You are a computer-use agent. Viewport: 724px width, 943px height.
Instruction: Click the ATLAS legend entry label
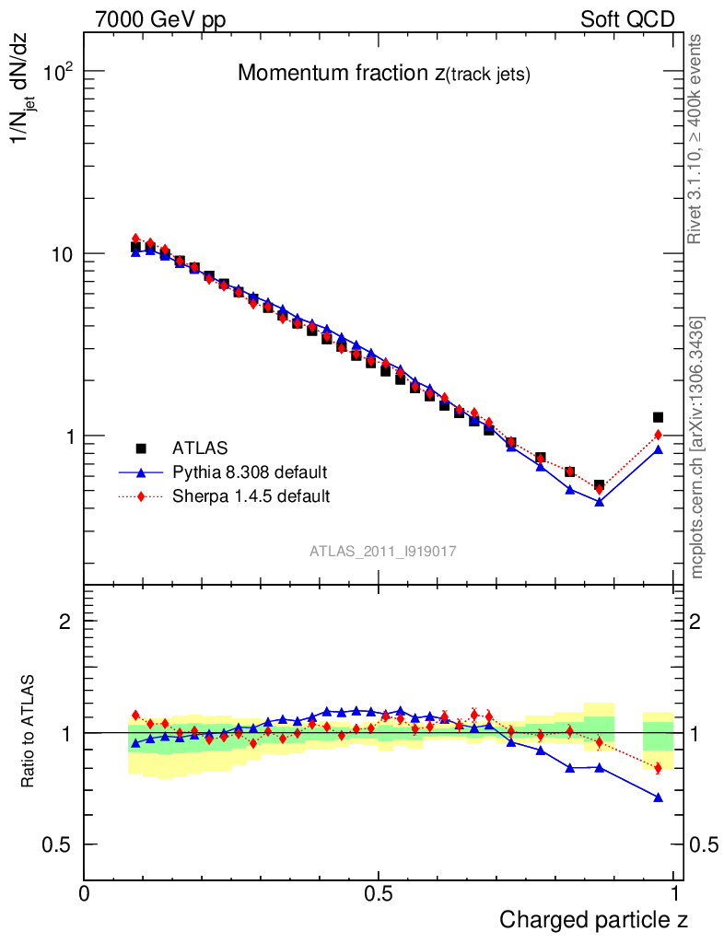(200, 448)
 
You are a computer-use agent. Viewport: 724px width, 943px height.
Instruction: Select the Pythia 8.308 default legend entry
(250, 472)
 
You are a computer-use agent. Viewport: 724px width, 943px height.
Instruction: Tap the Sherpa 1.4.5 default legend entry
(251, 496)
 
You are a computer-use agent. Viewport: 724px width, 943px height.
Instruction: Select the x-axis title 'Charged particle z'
(593, 919)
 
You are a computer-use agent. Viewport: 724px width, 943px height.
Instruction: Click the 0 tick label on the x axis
(85, 893)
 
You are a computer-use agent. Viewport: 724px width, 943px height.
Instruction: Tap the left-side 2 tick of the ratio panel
(64, 622)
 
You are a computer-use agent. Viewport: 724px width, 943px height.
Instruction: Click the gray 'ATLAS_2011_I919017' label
(383, 551)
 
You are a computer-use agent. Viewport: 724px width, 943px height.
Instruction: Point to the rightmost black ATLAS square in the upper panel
(658, 417)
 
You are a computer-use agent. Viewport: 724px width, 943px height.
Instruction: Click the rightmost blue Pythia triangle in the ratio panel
(658, 797)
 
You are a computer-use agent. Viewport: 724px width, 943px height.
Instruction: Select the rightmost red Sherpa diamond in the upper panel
(658, 435)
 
